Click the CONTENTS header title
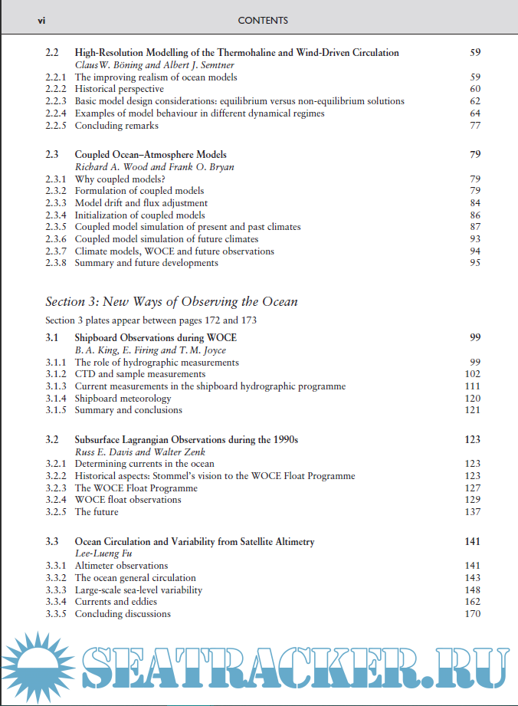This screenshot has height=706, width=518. (263, 21)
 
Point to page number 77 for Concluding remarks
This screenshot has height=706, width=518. (475, 126)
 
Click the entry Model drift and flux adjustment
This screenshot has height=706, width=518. (141, 203)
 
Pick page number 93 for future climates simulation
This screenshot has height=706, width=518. (475, 239)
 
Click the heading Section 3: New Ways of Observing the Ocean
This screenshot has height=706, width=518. (172, 301)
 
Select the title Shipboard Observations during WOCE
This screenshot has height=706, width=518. (156, 337)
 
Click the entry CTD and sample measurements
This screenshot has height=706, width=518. (129, 374)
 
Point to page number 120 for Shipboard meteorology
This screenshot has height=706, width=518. (473, 399)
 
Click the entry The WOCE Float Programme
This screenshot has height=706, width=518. (136, 488)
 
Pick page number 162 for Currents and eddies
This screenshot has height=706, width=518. (473, 602)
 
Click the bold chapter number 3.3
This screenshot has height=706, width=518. (52, 541)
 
